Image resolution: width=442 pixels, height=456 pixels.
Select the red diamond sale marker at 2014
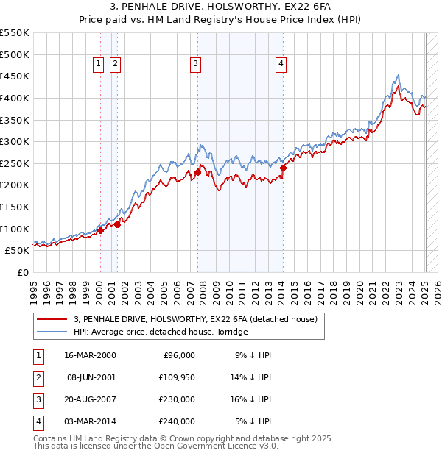point(283,168)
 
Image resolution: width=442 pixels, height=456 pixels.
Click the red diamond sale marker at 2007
point(197,172)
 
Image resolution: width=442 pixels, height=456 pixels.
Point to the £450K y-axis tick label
point(15,76)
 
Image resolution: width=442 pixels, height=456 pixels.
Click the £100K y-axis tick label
point(15,229)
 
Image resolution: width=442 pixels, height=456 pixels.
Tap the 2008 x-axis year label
point(203,291)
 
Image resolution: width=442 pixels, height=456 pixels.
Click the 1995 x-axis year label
point(34,291)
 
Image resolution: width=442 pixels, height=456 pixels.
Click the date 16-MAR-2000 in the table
point(91,355)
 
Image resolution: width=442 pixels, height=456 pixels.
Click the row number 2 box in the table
point(38,377)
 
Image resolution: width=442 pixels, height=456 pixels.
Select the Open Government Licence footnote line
point(155,446)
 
